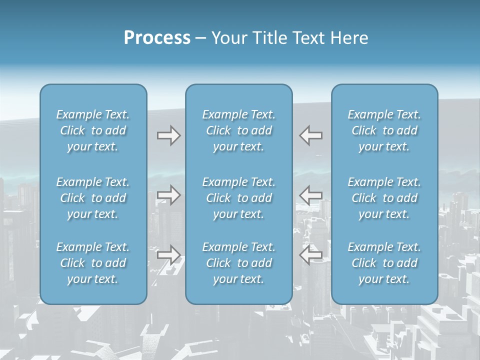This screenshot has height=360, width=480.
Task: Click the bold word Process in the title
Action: [157, 38]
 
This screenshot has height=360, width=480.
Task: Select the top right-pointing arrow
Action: [168, 135]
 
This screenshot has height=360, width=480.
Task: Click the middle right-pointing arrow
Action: [168, 195]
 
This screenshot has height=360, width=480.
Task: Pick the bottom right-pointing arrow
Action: [168, 255]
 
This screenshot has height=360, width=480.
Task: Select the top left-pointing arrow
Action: [311, 135]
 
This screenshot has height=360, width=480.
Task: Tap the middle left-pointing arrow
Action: [311, 195]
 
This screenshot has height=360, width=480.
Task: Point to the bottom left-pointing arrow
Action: [311, 255]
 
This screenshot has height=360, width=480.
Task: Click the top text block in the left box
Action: [93, 130]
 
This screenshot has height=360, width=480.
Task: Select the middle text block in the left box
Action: [93, 198]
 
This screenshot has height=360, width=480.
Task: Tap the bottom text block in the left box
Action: [93, 263]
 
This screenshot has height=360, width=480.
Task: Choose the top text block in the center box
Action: [238, 130]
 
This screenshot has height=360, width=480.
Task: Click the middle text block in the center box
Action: [238, 198]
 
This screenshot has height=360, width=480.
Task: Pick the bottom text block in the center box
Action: [238, 263]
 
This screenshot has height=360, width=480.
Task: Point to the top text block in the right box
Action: [384, 130]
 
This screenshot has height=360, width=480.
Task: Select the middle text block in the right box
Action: [384, 198]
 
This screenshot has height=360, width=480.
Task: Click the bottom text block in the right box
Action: [384, 263]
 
